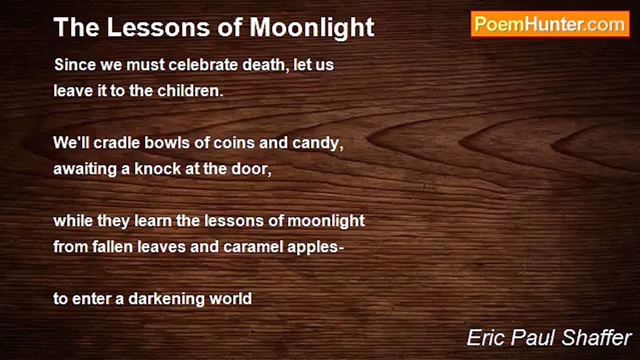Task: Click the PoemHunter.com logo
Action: [x=550, y=24]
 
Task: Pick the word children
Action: [x=190, y=91]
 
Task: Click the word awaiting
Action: [x=84, y=169]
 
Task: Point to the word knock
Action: [x=151, y=168]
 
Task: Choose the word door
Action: [x=251, y=168]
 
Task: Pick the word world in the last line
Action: [x=230, y=298]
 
